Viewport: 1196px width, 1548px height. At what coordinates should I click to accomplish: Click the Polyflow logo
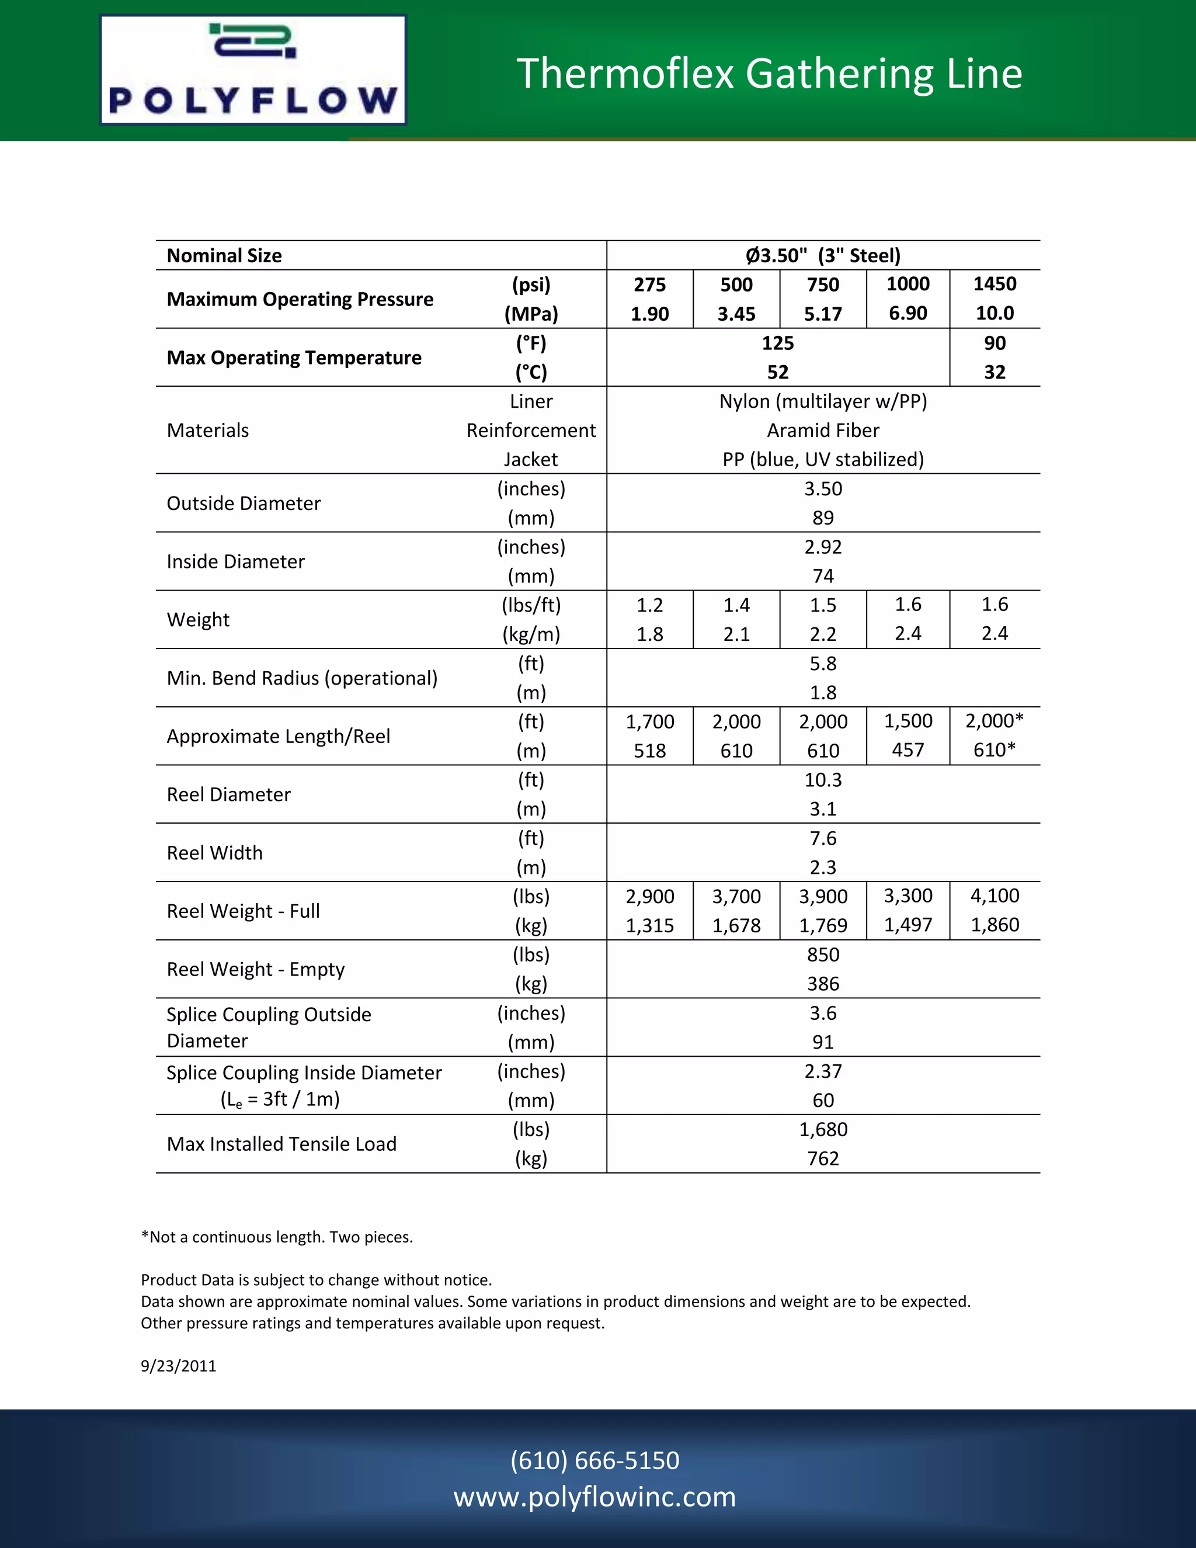click(x=253, y=70)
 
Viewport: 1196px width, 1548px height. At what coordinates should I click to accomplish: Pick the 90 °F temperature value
click(x=994, y=343)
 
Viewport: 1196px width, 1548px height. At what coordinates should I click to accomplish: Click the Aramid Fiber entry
click(x=823, y=431)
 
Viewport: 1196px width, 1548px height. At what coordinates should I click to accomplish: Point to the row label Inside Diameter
click(x=235, y=561)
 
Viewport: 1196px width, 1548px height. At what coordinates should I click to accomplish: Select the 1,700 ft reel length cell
click(x=650, y=721)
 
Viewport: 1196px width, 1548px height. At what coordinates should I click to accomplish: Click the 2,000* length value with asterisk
click(x=994, y=721)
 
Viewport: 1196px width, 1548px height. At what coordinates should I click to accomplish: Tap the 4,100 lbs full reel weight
click(x=994, y=896)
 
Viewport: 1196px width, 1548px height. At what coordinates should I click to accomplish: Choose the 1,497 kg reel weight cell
click(x=908, y=925)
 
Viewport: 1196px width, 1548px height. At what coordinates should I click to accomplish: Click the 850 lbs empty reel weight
click(x=823, y=955)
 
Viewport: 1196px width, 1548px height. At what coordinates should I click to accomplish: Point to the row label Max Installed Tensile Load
click(x=281, y=1144)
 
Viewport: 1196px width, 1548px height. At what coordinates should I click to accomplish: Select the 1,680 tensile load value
click(x=823, y=1129)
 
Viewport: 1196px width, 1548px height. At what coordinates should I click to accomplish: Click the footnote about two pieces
click(x=276, y=1237)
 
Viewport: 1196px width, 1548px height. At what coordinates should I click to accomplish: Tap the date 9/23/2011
click(x=179, y=1366)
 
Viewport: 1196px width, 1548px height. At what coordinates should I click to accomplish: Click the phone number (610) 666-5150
click(x=594, y=1460)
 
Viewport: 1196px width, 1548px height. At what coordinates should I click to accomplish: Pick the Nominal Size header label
click(x=224, y=255)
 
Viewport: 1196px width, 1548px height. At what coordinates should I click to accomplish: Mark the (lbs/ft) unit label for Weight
click(x=531, y=605)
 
